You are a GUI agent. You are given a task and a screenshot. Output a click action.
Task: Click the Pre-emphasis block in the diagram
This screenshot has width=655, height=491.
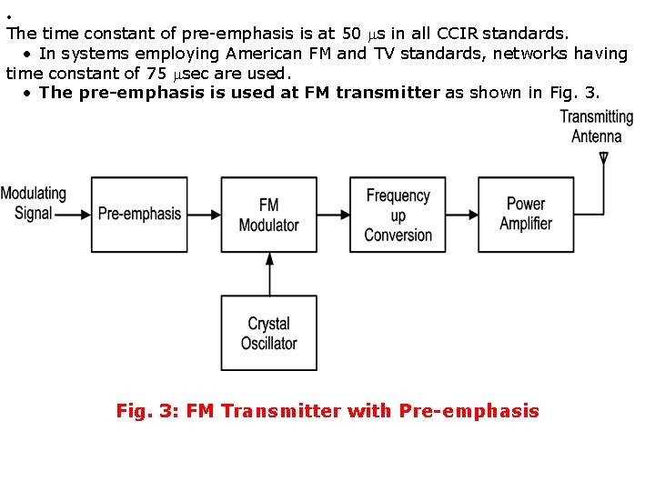click(x=138, y=215)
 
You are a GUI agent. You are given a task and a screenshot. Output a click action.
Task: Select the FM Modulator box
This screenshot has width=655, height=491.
click(x=268, y=215)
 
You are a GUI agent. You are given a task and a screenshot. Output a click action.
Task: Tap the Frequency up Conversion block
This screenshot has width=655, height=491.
click(x=398, y=215)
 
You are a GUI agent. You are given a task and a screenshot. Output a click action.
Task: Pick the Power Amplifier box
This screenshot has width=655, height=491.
click(x=526, y=215)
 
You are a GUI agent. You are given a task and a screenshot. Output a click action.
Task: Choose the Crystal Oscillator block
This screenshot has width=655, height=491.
click(x=268, y=333)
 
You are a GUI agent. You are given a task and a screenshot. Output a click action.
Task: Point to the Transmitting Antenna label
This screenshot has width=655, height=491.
click(x=596, y=126)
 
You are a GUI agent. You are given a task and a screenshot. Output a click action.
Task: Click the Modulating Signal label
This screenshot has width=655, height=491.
click(x=34, y=204)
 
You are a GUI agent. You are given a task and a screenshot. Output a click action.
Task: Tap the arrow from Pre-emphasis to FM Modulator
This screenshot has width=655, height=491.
click(x=202, y=215)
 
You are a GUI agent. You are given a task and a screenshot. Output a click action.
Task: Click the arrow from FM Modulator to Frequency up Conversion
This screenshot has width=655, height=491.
click(x=333, y=215)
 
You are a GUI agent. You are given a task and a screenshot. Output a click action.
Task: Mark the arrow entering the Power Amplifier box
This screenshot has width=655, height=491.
click(x=461, y=215)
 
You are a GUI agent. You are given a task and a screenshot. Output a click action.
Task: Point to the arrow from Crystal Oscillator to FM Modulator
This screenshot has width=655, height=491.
click(x=268, y=274)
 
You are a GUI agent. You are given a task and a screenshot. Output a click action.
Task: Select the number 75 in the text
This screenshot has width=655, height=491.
click(x=156, y=74)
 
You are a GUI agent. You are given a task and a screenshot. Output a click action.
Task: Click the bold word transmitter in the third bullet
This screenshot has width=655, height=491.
click(x=388, y=93)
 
